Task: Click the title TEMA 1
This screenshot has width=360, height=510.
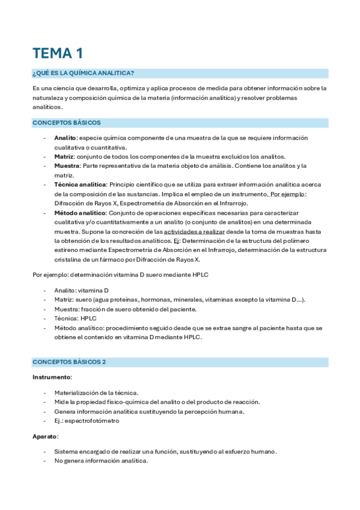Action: click(58, 54)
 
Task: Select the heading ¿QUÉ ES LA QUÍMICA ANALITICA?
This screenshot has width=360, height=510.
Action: click(83, 73)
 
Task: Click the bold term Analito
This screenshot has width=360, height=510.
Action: click(64, 137)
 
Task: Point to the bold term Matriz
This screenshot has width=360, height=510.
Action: click(63, 156)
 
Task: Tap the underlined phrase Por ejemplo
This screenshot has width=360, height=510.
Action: click(288, 194)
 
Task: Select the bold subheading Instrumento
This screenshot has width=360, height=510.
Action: click(52, 377)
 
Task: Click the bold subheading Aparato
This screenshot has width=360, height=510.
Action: click(45, 436)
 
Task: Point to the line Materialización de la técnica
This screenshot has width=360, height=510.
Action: click(96, 392)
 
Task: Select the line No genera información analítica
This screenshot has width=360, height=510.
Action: click(100, 461)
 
